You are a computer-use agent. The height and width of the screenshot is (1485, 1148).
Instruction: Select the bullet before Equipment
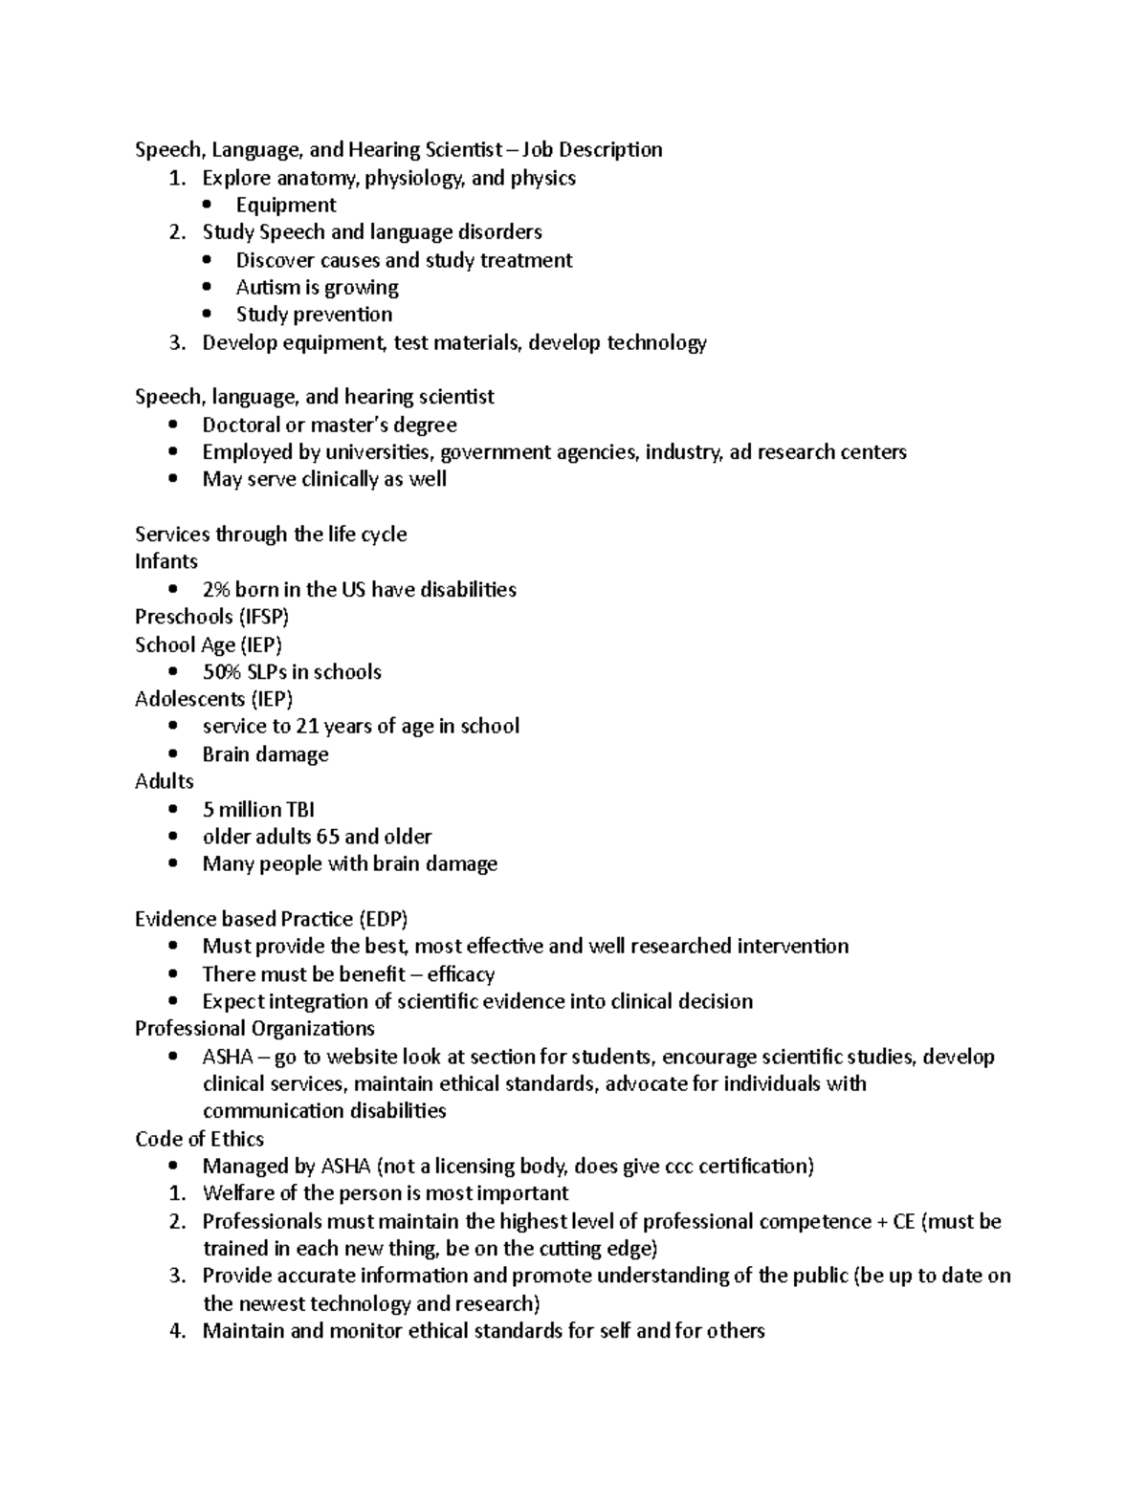[x=208, y=205]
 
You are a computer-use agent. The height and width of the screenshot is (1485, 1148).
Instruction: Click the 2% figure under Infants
[x=216, y=589]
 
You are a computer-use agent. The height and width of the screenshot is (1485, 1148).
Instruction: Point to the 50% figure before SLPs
[x=222, y=672]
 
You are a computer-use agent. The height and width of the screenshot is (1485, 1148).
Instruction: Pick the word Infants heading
[x=166, y=561]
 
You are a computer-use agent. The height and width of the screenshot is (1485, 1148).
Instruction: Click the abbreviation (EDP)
[x=383, y=919]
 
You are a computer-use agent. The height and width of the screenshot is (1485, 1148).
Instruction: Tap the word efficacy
[x=460, y=974]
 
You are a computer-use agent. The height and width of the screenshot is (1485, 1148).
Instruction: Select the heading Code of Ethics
[x=199, y=1139]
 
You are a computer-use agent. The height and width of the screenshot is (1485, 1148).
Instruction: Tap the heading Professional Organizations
[x=254, y=1029]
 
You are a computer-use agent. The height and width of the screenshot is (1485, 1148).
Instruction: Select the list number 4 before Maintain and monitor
[x=176, y=1331]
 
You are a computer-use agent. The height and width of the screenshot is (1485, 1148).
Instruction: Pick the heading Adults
[x=165, y=781]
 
